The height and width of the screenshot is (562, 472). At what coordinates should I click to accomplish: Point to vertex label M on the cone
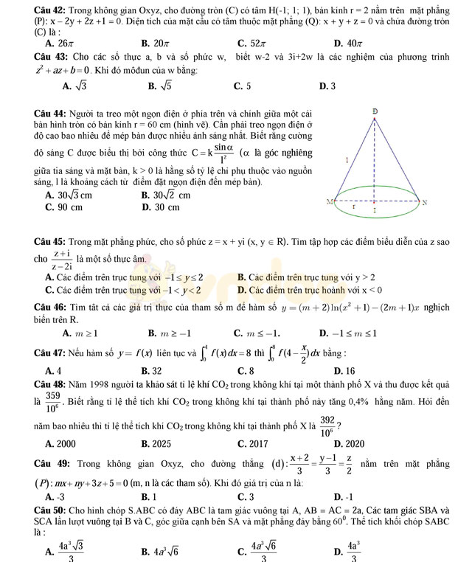330,201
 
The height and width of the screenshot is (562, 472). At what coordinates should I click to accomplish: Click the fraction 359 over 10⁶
52,402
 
